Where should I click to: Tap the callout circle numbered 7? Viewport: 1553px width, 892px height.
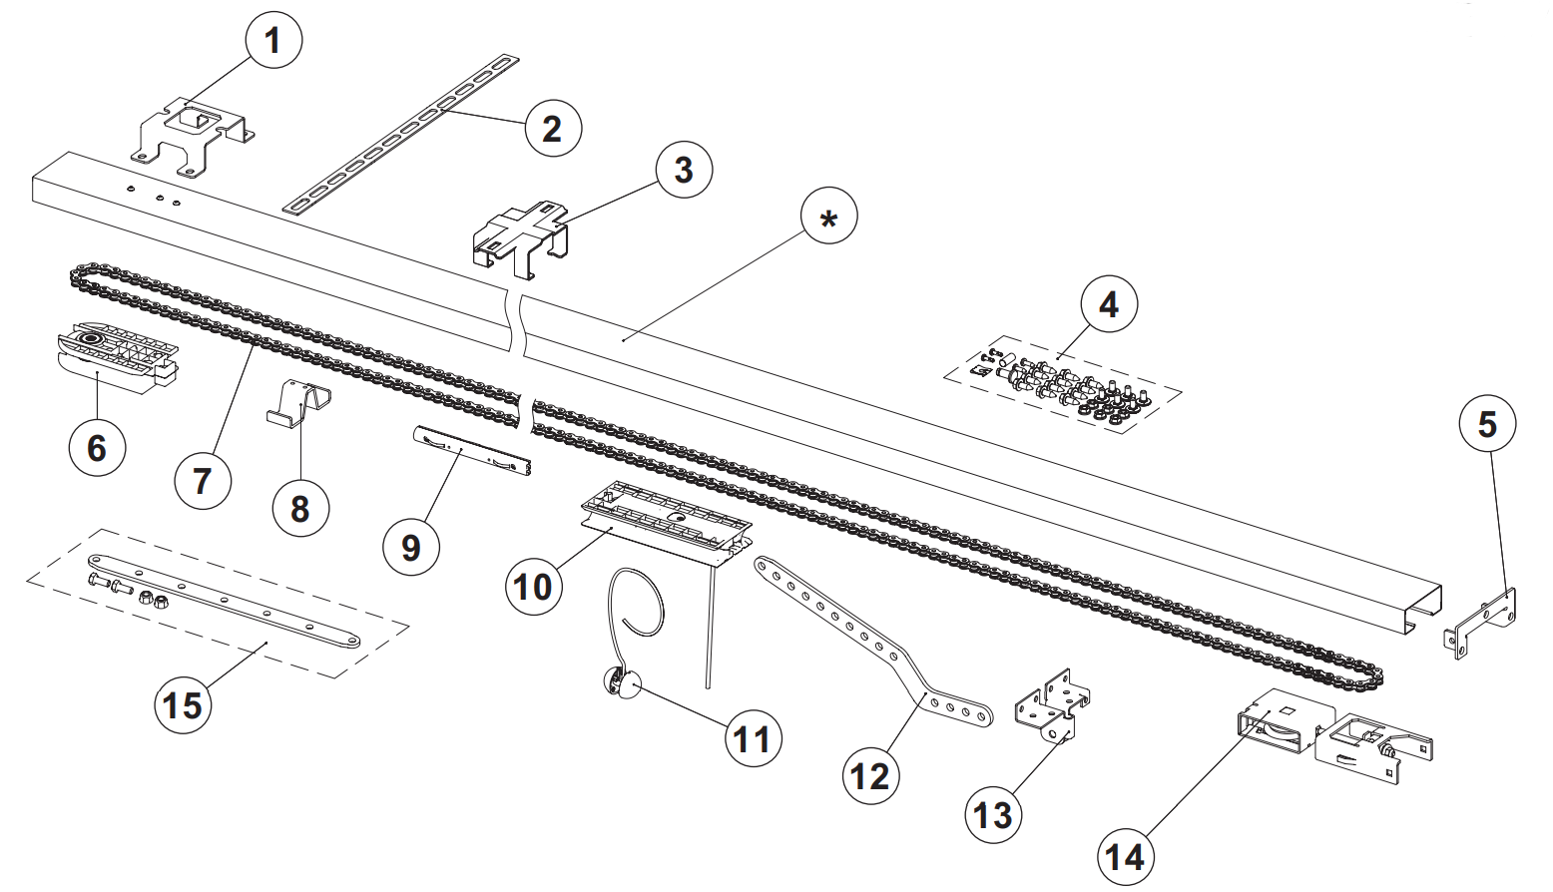tap(203, 480)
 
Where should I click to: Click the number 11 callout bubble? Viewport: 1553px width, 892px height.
tap(752, 739)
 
